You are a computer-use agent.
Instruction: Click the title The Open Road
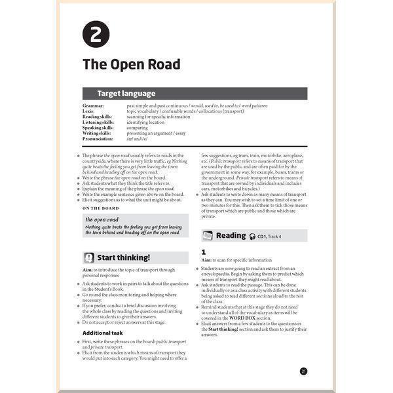(131, 65)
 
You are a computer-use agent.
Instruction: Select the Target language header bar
(195, 94)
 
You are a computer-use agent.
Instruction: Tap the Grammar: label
(94, 105)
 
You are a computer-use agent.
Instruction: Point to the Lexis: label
(89, 111)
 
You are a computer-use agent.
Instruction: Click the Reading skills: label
(98, 116)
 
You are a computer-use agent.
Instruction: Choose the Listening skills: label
(100, 122)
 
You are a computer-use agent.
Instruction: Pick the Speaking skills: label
(99, 127)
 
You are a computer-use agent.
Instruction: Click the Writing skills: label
(98, 133)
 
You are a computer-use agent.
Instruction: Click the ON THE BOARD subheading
(101, 208)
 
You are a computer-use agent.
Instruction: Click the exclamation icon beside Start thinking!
(88, 257)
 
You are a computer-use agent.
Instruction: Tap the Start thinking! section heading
(123, 257)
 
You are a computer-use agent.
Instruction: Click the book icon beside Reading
(208, 236)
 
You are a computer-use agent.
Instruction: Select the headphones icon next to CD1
(252, 236)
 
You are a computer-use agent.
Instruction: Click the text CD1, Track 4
(273, 236)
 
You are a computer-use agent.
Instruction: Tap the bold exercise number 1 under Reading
(204, 252)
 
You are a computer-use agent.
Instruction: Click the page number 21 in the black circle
(303, 371)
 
